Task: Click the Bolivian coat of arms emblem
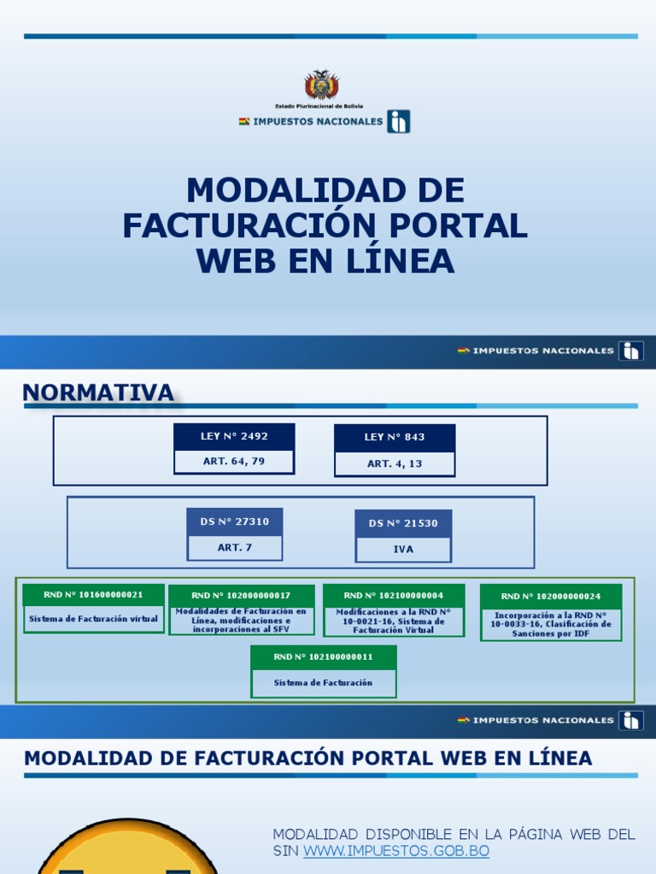(x=322, y=85)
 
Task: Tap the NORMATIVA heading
(x=98, y=393)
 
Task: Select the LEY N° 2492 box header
(x=234, y=436)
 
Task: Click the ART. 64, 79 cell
(x=234, y=462)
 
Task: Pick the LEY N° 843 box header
(x=395, y=437)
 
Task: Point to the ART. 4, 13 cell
(x=395, y=463)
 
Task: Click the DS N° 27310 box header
(x=234, y=521)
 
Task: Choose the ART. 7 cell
(x=234, y=547)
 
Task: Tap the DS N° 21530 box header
(x=403, y=523)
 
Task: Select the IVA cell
(x=403, y=550)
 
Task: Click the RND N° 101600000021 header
(x=93, y=595)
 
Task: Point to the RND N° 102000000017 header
(x=241, y=596)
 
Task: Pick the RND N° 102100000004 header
(x=394, y=595)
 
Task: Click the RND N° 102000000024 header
(x=551, y=597)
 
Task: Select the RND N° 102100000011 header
(x=324, y=657)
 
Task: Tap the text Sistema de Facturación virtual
(x=93, y=619)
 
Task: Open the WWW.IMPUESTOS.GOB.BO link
(x=396, y=852)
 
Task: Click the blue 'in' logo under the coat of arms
(x=398, y=121)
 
